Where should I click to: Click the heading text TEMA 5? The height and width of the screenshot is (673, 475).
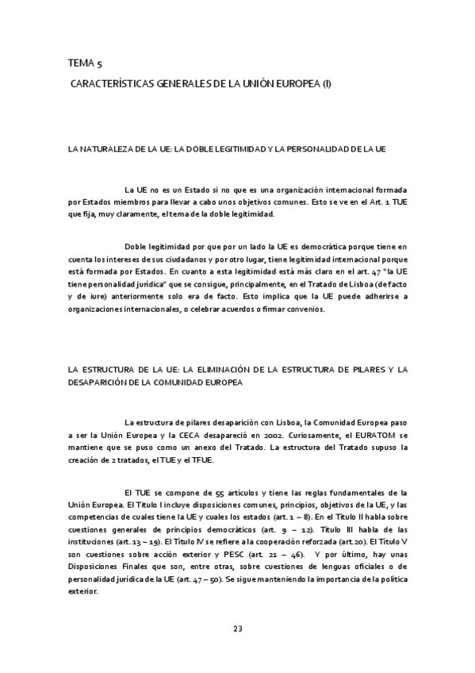pos(85,62)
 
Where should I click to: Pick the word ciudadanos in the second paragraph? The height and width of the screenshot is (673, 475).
pos(191,261)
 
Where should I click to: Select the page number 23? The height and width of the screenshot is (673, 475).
pos(237,629)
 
